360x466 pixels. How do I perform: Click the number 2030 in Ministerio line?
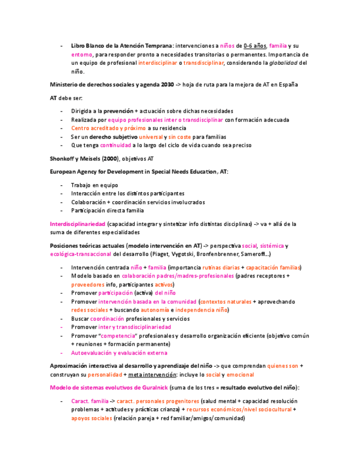pos(167,85)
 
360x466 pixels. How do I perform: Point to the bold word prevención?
pos(118,111)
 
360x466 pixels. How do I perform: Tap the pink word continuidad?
pos(115,146)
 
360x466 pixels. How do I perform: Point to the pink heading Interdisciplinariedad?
pos(77,224)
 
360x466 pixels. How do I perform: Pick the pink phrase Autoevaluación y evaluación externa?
pos(119,353)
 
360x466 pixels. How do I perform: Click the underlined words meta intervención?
pos(151,375)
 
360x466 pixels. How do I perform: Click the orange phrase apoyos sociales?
pos(91,418)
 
